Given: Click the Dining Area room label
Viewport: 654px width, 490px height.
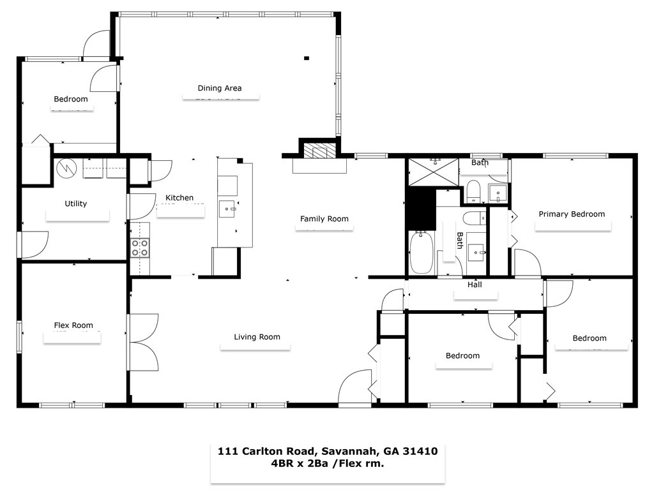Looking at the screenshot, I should click(219, 88).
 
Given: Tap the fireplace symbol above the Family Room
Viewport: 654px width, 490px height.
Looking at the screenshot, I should click(318, 151).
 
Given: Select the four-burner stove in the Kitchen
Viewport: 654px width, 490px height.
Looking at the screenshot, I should click(140, 248).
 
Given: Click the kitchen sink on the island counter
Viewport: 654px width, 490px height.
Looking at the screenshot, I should click(228, 208).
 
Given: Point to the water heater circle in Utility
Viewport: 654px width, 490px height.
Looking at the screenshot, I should click(66, 168).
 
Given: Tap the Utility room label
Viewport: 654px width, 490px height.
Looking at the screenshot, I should click(75, 204).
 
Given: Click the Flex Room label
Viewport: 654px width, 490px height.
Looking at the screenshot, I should click(73, 325).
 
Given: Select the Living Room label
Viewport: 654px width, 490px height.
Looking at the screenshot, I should click(257, 337).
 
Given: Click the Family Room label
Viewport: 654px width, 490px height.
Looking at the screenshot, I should click(324, 219).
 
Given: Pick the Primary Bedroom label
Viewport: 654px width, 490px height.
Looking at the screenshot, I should click(571, 214).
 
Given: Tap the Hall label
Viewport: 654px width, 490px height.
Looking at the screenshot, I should click(475, 285).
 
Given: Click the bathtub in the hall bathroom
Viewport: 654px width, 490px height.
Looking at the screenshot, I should click(422, 253).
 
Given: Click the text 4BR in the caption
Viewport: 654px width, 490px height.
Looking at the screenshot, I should click(285, 464).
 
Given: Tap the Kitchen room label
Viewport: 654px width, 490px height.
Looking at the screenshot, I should click(179, 198).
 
